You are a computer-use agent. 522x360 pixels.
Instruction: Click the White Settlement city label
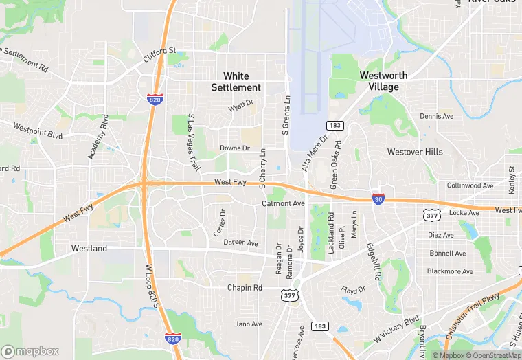coord(236,82)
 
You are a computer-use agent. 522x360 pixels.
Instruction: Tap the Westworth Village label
coord(383,81)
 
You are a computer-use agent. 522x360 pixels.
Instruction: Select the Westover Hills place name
coord(415,151)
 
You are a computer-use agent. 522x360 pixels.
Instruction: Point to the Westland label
coord(89,248)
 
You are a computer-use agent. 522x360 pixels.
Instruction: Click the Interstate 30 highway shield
coord(378,199)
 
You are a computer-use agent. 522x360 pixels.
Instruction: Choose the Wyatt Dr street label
coord(241,108)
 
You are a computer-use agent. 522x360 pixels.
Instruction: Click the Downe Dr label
coord(235,148)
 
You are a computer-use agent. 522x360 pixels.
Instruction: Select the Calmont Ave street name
coord(283,204)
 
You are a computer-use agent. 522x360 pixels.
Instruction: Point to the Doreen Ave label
coord(240,243)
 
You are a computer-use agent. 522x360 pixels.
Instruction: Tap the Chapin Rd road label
coord(245,288)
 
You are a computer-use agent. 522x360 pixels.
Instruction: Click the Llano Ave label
coord(247,324)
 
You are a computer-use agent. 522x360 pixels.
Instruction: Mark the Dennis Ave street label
coord(437,117)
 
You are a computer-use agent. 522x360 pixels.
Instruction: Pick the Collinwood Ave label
coord(470,186)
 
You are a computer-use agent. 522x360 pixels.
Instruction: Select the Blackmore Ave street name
coord(450,271)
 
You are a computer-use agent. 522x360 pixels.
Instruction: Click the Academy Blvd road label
coord(98,137)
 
